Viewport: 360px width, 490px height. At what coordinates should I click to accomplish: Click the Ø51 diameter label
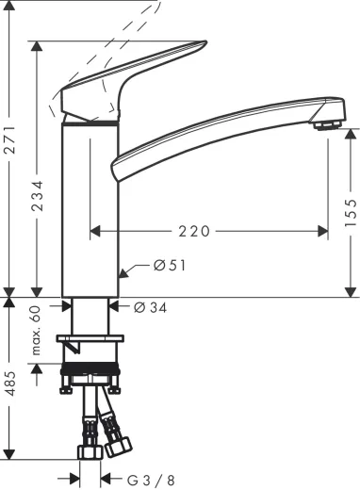coord(170,266)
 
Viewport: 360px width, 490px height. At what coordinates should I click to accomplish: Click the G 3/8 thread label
coord(153,478)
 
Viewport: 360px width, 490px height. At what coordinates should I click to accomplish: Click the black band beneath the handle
coord(91,122)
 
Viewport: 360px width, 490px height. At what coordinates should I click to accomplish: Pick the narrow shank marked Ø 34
coord(91,316)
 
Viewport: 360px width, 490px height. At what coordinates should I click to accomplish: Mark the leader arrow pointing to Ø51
coord(130,271)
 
